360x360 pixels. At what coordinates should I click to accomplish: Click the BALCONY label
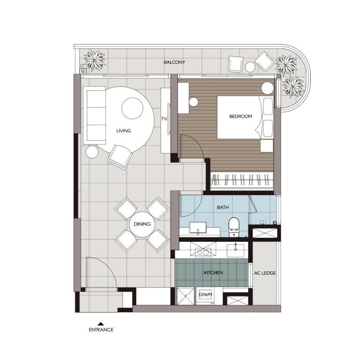coord(174,62)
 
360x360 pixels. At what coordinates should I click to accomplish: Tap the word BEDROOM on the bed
coord(240,116)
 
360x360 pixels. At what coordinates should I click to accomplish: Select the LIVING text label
coord(124,131)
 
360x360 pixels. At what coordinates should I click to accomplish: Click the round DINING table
coord(142,225)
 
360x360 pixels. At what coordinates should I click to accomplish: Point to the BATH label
coord(223,207)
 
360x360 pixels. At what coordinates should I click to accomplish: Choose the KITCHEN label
coord(213,272)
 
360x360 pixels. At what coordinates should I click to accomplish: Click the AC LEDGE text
coord(265,273)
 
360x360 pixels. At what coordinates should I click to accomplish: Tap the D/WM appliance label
coord(205,294)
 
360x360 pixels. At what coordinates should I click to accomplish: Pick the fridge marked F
coord(186,296)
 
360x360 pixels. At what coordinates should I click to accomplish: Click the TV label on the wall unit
coord(164,119)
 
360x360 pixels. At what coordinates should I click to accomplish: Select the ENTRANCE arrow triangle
coord(101,324)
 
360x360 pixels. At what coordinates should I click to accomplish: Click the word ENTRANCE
coord(101,330)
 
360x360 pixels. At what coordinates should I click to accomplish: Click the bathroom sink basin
coord(198,227)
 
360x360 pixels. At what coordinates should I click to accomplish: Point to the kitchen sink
coord(236,250)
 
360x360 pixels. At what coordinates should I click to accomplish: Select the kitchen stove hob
coord(203,249)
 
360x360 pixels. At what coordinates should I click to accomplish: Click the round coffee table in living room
coord(133,108)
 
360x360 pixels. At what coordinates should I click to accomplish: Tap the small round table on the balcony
coord(250,67)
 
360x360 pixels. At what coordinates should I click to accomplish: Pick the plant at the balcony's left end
coord(94,60)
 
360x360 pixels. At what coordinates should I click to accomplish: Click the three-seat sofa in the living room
coord(94,115)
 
